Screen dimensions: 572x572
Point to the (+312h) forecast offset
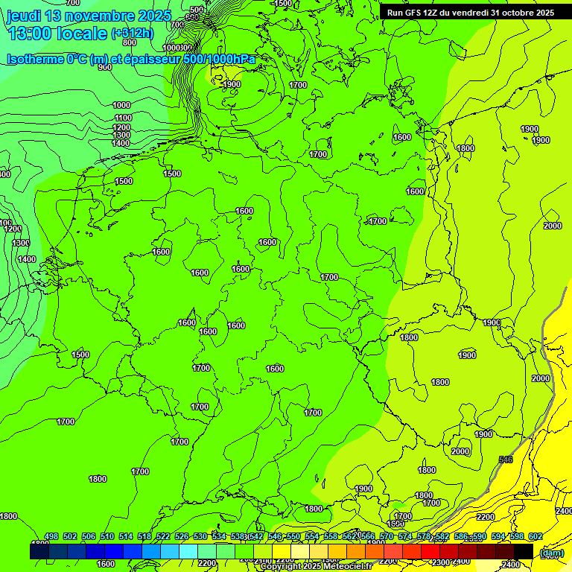[132, 34]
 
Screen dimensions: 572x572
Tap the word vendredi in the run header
[467, 13]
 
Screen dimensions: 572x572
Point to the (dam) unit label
[551, 553]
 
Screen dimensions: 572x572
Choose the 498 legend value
[51, 537]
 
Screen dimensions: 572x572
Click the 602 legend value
[536, 537]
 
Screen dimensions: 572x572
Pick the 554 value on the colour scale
[312, 537]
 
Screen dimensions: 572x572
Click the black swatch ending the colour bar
[524, 551]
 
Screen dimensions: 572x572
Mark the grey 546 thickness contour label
[506, 460]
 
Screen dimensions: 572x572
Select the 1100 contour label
[123, 118]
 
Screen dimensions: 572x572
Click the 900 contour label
[104, 68]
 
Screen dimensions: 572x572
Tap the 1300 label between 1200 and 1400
[121, 135]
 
